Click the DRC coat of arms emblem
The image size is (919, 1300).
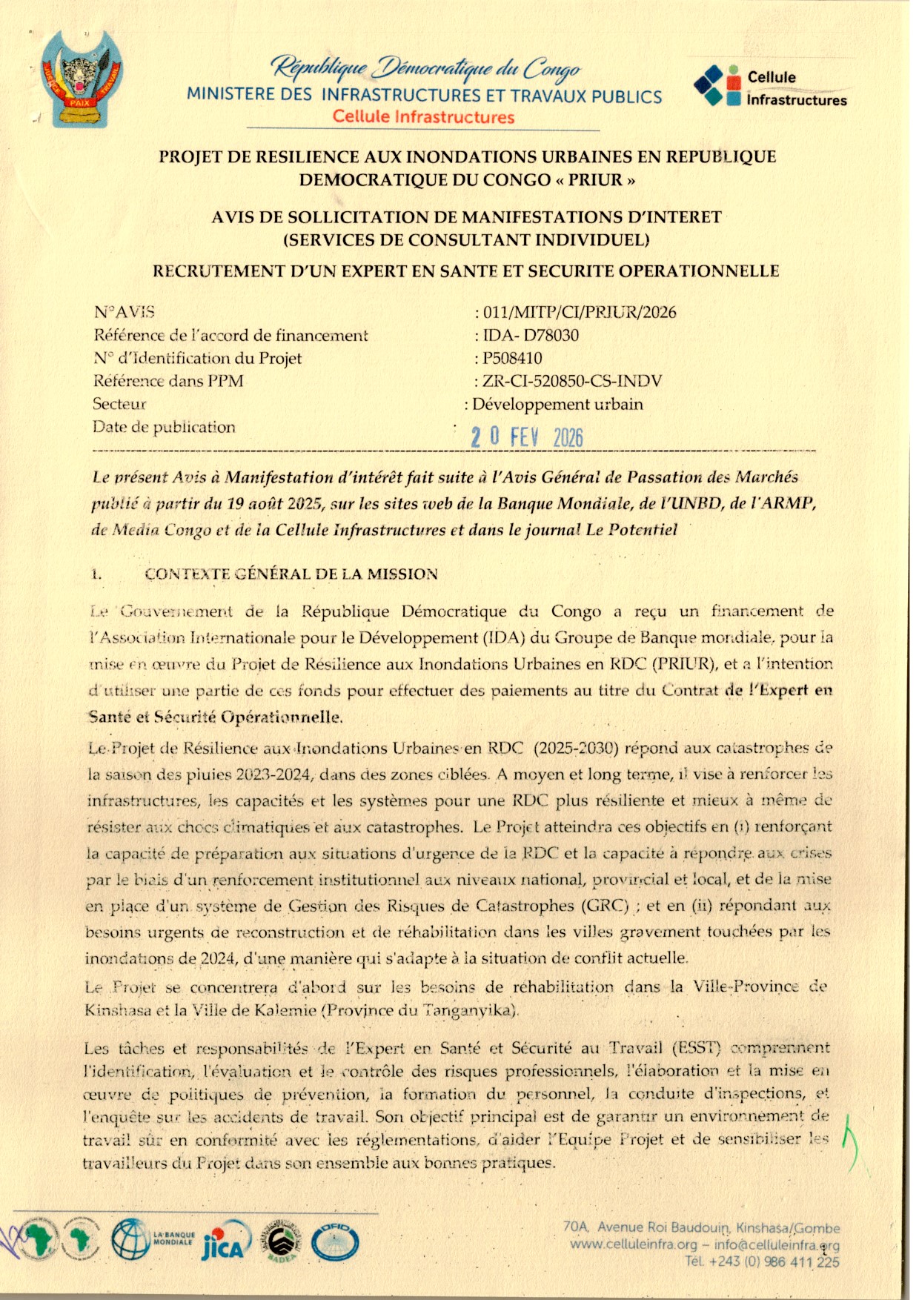click(x=82, y=79)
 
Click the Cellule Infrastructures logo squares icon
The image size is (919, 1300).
click(x=717, y=86)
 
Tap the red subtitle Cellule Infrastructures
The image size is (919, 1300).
click(x=423, y=117)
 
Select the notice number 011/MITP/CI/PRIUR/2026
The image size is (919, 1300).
click(x=579, y=312)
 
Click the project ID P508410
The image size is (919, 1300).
click(x=512, y=358)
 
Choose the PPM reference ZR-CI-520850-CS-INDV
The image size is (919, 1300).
click(x=571, y=381)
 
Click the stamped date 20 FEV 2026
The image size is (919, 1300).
click(x=527, y=437)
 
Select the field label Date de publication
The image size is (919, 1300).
click(x=164, y=427)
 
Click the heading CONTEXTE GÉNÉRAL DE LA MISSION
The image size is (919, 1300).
click(x=291, y=574)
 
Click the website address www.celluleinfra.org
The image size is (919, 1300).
click(x=633, y=1244)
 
